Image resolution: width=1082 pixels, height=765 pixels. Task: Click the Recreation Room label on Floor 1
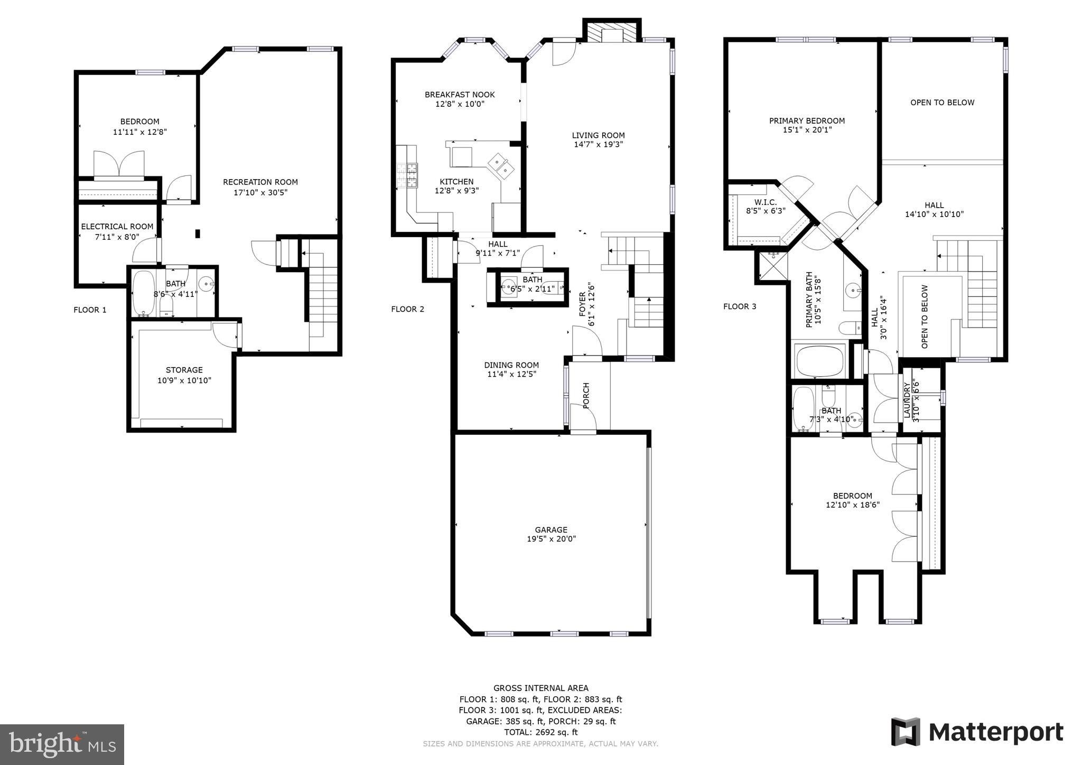pyautogui.click(x=260, y=182)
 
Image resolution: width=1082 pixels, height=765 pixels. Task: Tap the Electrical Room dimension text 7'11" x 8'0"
pyautogui.click(x=117, y=237)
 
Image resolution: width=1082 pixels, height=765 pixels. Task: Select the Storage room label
pyautogui.click(x=184, y=370)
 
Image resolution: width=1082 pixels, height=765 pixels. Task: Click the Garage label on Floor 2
pyautogui.click(x=551, y=530)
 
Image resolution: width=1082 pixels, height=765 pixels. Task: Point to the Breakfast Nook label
pyautogui.click(x=460, y=95)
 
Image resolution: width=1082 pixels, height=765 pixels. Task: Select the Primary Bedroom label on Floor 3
pyautogui.click(x=807, y=121)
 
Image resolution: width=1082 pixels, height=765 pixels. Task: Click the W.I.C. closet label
pyautogui.click(x=766, y=202)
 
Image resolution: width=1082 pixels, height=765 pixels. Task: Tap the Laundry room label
pyautogui.click(x=907, y=400)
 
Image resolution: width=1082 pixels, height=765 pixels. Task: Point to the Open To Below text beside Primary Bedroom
pyautogui.click(x=942, y=102)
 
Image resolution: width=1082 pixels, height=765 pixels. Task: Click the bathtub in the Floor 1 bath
pyautogui.click(x=142, y=292)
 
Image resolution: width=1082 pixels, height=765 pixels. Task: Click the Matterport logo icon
pyautogui.click(x=906, y=732)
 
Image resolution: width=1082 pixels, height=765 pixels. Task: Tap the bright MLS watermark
pyautogui.click(x=62, y=744)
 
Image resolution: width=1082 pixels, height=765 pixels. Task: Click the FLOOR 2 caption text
pyautogui.click(x=407, y=310)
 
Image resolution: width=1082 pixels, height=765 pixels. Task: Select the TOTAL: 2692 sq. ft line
pyautogui.click(x=540, y=732)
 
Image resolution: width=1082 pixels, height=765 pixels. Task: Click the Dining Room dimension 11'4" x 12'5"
pyautogui.click(x=511, y=375)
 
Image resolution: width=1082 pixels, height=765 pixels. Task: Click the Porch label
pyautogui.click(x=585, y=396)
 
